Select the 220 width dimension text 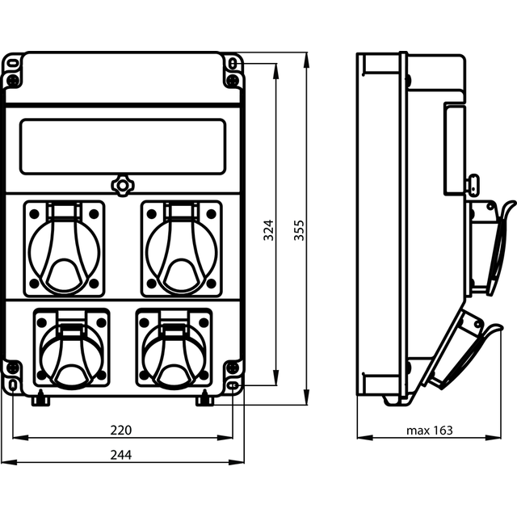click(x=121, y=430)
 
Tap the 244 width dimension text click(x=121, y=456)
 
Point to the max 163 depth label click(x=429, y=430)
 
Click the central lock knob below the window click(x=122, y=185)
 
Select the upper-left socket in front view click(x=65, y=249)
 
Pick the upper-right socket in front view click(x=180, y=249)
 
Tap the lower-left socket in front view click(x=71, y=348)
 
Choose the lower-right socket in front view click(x=174, y=348)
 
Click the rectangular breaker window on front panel click(x=122, y=146)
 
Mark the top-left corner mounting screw click(x=13, y=82)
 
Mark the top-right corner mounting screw click(x=232, y=82)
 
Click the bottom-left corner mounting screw click(x=13, y=369)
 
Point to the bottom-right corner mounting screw click(x=232, y=369)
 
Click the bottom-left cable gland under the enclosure click(x=40, y=399)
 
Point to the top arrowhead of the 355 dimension click(x=307, y=57)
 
